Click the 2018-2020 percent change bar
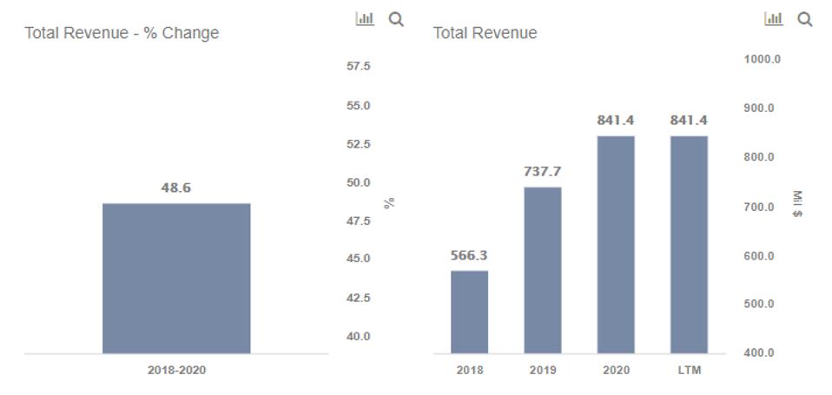coord(176,278)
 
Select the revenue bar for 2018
coord(469,312)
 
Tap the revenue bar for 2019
coord(542,270)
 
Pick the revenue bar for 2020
coord(616,244)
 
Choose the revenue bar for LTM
coord(689,244)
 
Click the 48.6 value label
coord(176,188)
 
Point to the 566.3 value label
coord(469,256)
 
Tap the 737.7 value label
coord(542,172)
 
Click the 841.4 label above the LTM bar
coord(689,121)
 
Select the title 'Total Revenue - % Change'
coord(122,33)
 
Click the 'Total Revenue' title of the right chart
coord(485,33)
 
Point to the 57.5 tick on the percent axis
coord(359,66)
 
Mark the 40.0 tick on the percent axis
coord(359,336)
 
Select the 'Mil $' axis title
coord(798,206)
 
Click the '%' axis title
coord(390,202)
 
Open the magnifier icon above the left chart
coord(396,18)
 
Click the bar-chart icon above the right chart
coord(772,18)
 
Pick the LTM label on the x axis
coord(689,370)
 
